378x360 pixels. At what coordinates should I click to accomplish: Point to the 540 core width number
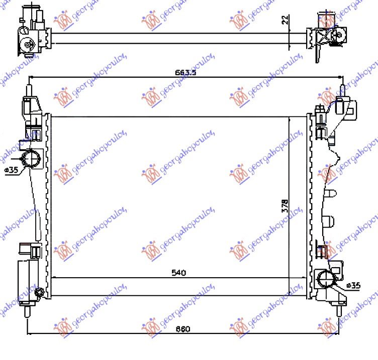[x=178, y=273]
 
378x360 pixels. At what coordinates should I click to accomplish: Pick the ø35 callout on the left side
[x=11, y=170]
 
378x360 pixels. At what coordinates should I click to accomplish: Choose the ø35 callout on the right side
[x=354, y=286]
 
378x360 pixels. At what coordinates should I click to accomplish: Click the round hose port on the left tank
[x=33, y=159]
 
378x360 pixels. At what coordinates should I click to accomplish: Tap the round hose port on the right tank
[x=326, y=278]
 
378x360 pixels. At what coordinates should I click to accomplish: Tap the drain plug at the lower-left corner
[x=40, y=292]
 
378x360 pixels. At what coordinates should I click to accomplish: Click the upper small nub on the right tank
[x=331, y=194]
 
